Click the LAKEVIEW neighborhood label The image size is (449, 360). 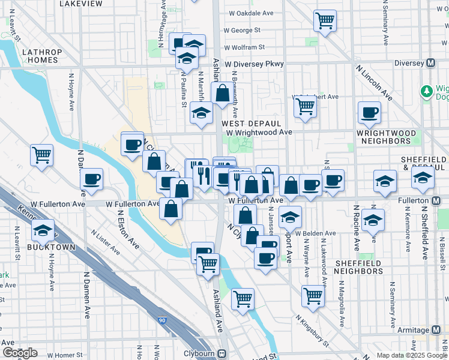click(81, 4)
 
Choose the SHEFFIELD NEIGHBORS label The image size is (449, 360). click(358, 267)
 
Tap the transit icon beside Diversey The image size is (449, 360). click(430, 63)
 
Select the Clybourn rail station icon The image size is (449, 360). click(222, 354)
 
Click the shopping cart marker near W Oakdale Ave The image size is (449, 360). click(325, 21)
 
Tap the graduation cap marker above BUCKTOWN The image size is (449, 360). click(43, 230)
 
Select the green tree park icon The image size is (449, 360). click(427, 91)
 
